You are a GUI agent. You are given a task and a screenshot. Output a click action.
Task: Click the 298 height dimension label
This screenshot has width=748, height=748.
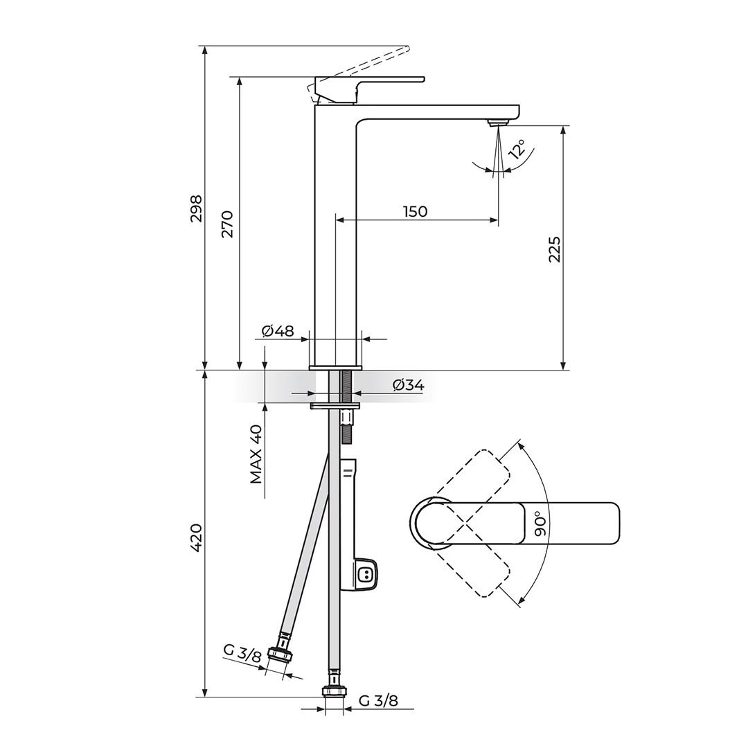click(x=196, y=208)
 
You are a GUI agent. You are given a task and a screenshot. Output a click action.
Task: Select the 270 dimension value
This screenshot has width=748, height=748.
click(x=227, y=223)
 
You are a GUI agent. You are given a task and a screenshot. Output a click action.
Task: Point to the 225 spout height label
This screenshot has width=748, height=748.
click(x=554, y=249)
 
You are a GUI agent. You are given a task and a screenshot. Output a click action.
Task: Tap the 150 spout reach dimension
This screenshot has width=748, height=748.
click(x=416, y=211)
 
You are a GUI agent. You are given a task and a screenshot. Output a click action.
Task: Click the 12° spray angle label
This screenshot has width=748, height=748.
click(x=517, y=150)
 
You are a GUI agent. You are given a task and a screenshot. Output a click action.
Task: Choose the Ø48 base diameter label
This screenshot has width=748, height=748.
click(x=278, y=331)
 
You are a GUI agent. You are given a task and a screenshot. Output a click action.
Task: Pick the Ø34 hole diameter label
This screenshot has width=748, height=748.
click(x=408, y=385)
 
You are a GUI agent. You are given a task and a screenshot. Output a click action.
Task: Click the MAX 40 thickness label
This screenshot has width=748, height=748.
click(x=256, y=454)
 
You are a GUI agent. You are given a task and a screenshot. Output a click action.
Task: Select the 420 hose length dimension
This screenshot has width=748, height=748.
click(x=196, y=537)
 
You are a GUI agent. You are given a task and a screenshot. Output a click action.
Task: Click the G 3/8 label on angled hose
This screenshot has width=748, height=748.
click(x=242, y=652)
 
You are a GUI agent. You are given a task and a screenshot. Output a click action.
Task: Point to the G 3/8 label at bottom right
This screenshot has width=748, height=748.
click(x=378, y=700)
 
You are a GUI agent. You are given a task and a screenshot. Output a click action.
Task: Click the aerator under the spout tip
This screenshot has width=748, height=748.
click(x=498, y=123)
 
